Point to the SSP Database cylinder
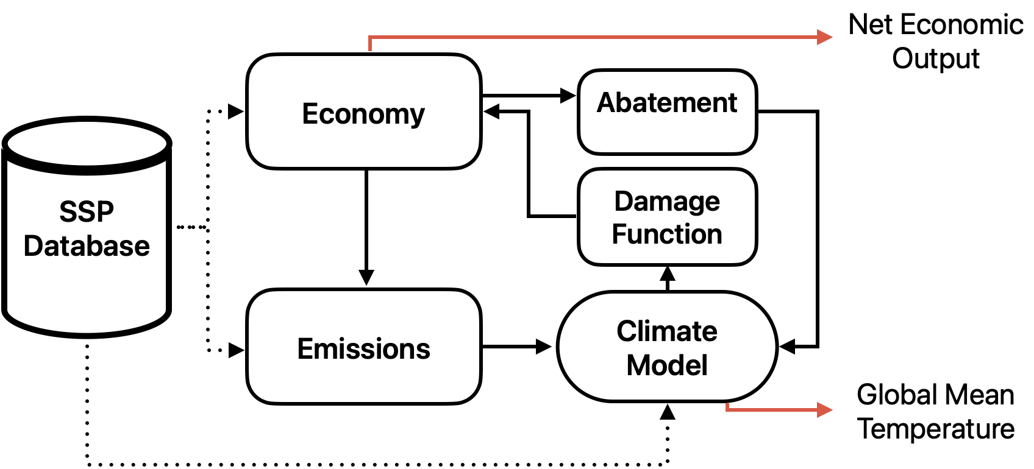point(87,286)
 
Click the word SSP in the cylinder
point(87,212)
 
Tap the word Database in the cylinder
point(87,246)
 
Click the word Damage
point(667,202)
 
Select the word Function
point(667,234)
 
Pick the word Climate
point(667,331)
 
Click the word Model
point(667,365)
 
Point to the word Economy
point(363,114)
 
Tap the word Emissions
point(363,349)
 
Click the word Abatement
point(667,102)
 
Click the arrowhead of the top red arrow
point(825,37)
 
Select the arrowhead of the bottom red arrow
point(825,409)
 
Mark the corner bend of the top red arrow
point(370,38)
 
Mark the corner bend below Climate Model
point(727,409)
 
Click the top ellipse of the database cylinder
point(87,144)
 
